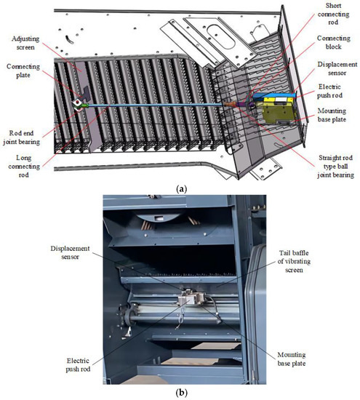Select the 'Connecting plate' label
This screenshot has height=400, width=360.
[x=23, y=76]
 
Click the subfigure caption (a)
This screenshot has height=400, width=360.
[x=180, y=188]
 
